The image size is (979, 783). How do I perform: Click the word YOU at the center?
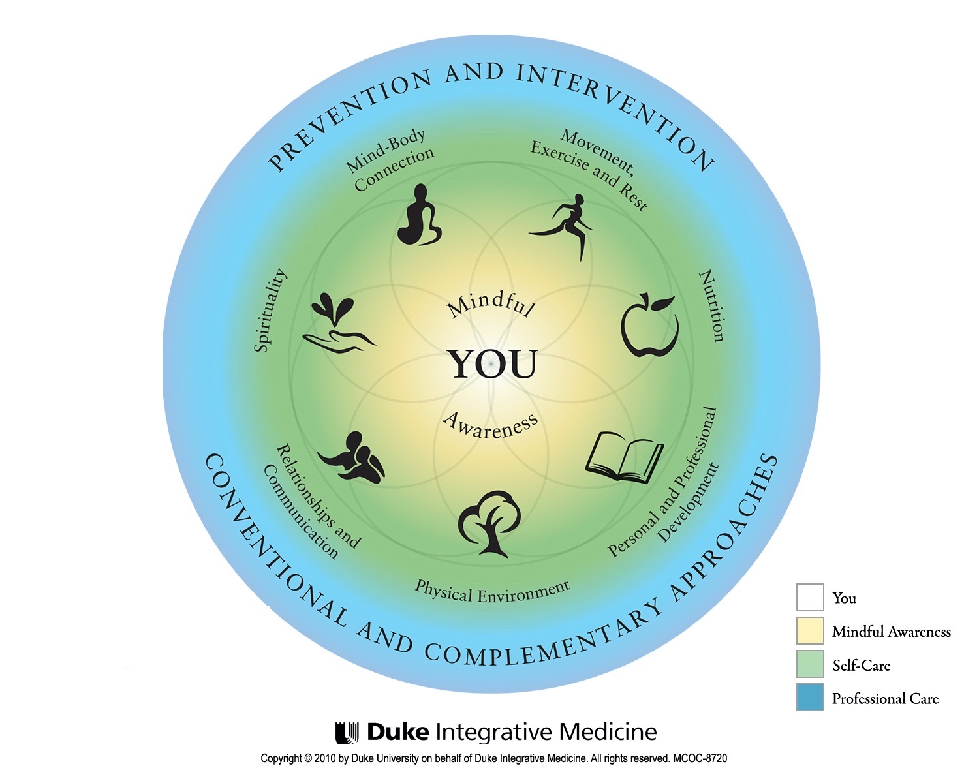coord(492,364)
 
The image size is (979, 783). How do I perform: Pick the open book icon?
coord(625,457)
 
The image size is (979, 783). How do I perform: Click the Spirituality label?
coord(270,311)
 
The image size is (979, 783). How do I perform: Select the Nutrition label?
coord(712,306)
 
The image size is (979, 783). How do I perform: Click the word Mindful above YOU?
coord(491,304)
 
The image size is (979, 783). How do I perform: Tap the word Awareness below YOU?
coord(491,425)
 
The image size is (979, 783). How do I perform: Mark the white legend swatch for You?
coord(810,598)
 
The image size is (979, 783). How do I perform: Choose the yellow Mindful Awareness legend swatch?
coord(810,631)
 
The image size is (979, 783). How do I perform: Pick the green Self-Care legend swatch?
coord(810,664)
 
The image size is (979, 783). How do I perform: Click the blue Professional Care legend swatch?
coord(810,698)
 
